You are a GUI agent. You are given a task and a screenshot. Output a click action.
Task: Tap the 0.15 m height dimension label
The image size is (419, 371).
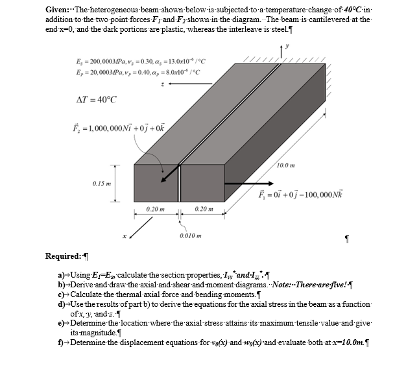tap(102, 182)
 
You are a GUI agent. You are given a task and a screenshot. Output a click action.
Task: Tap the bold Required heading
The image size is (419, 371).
tap(63, 256)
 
